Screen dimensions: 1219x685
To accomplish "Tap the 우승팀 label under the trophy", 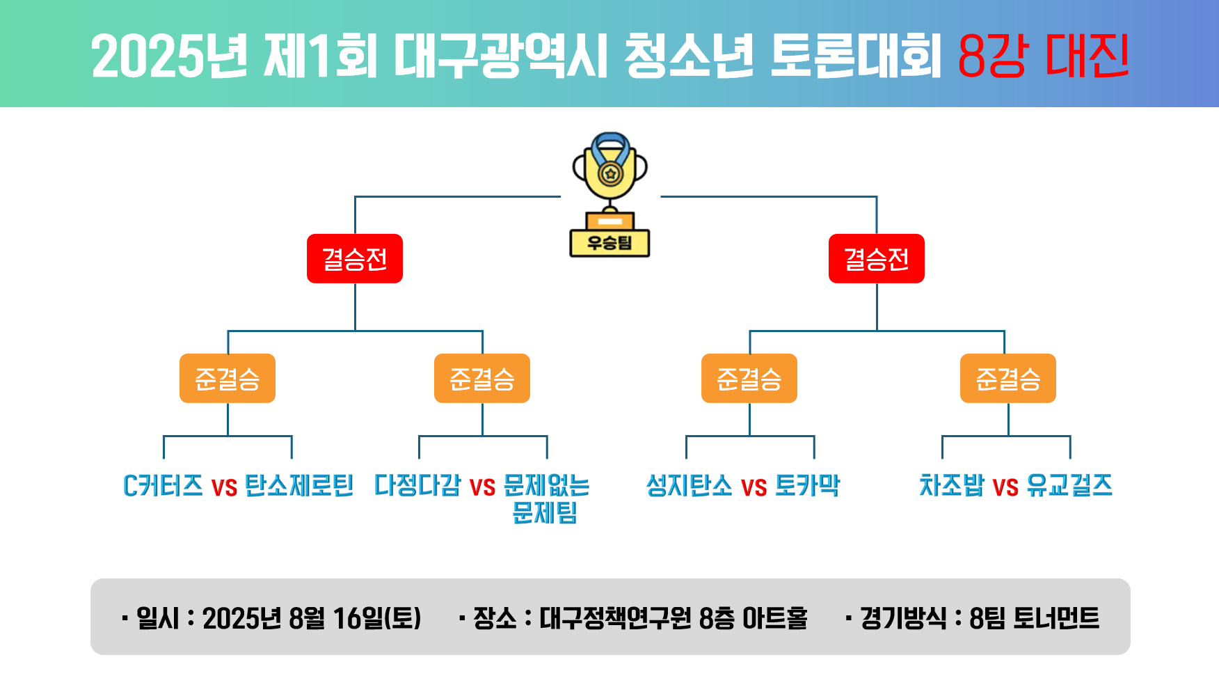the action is point(609,243).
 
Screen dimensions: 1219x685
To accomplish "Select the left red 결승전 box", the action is point(355,258).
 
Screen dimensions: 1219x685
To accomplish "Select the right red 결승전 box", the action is point(877,258).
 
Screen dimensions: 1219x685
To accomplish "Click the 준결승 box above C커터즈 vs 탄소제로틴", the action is point(228,378).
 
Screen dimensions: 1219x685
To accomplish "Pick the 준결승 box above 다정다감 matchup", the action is point(482,378).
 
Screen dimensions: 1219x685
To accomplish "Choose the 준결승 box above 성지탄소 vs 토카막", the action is point(749,378).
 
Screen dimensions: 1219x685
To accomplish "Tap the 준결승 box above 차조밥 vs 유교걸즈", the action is point(1008,378).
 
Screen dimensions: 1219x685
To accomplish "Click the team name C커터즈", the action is point(163,485).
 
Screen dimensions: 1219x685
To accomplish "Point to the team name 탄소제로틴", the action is point(299,485).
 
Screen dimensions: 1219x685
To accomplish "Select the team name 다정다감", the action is point(417,485).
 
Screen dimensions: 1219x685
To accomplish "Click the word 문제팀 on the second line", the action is point(545,513).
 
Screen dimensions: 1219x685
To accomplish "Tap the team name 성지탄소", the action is point(690,485).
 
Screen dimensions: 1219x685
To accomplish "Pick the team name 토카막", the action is point(808,485).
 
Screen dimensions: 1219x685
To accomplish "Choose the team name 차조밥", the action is point(952,485).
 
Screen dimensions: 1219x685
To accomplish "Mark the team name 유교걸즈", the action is point(1069,485).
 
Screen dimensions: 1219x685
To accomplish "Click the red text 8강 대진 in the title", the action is point(1043,56).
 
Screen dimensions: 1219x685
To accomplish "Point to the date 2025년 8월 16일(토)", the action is point(312,617).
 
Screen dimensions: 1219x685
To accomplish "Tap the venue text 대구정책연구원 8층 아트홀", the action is point(674,617).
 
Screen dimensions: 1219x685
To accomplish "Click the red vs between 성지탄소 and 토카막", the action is point(754,487).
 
